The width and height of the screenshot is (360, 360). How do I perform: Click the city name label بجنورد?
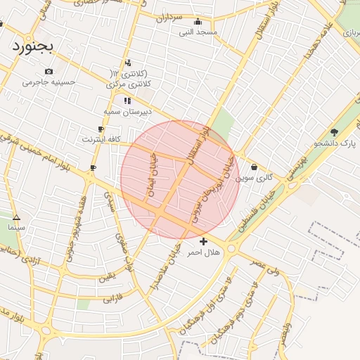32,46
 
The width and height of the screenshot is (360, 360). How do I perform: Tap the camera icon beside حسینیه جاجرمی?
49,72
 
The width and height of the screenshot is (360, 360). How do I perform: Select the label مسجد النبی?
198,32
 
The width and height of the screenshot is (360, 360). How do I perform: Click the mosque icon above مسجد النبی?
197,21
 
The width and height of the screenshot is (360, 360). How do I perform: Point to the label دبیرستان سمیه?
124,111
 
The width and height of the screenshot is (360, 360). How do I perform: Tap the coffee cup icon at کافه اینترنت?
101,129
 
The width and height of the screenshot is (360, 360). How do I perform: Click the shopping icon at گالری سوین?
253,167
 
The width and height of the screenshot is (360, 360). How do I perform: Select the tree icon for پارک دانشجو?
334,132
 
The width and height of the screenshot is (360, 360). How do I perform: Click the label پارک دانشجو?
335,143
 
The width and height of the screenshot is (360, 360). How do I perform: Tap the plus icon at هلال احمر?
203,241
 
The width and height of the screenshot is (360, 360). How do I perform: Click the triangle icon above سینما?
16,218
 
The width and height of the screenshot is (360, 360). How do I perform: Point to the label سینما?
16,228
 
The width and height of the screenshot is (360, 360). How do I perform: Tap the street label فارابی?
112,299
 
